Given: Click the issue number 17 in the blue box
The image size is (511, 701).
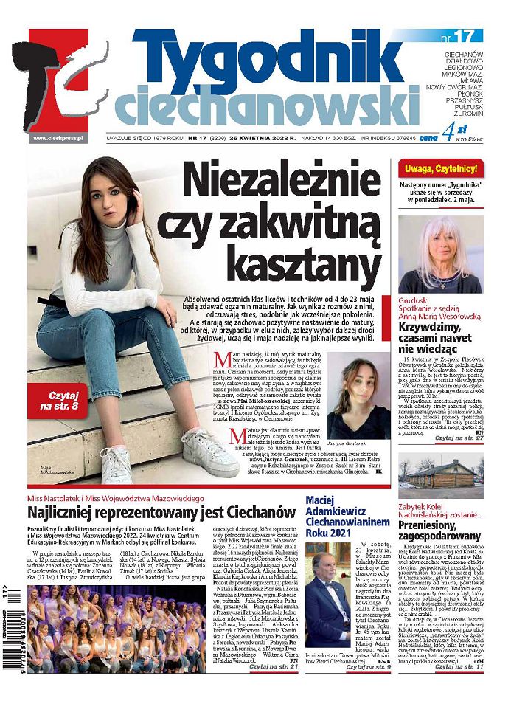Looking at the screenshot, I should [462, 36].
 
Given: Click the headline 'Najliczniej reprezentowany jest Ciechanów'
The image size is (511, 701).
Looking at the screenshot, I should [161, 512].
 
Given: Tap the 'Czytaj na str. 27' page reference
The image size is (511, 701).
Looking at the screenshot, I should [459, 438].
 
